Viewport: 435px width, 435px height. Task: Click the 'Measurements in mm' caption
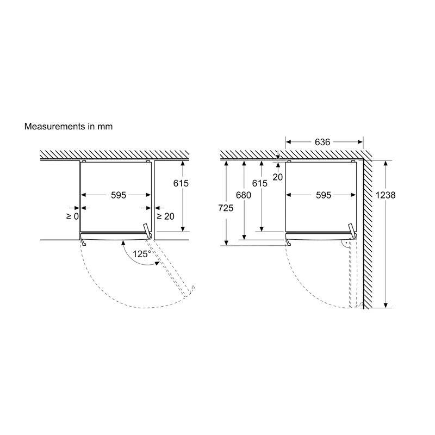click(x=69, y=127)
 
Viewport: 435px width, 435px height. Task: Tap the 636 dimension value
click(x=322, y=142)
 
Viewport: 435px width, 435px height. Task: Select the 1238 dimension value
click(x=386, y=195)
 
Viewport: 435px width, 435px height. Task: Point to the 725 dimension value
click(x=226, y=208)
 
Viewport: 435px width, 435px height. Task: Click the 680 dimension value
click(x=244, y=195)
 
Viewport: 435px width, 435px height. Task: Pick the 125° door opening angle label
click(x=142, y=254)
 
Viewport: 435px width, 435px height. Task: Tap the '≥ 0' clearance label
click(x=73, y=216)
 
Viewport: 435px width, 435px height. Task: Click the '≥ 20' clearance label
click(x=166, y=216)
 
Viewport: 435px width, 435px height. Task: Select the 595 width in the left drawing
click(x=119, y=195)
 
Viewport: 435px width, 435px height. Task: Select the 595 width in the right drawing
click(x=324, y=195)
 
